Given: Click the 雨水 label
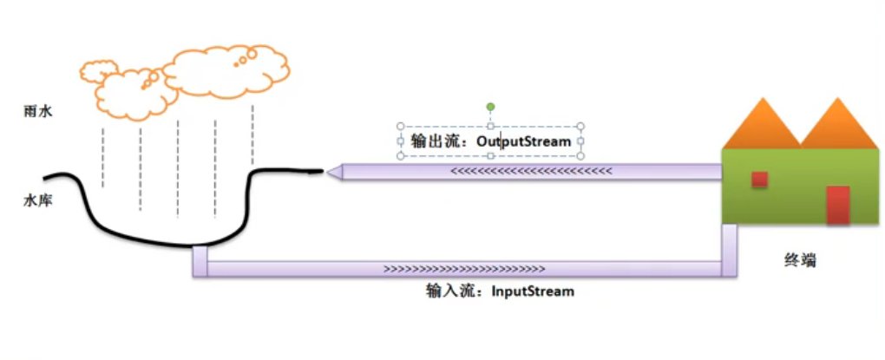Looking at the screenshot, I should pos(39,111).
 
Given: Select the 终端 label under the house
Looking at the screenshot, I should pos(800,260).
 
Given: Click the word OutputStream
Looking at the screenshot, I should pos(523,141).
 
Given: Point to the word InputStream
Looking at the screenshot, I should pos(533,291).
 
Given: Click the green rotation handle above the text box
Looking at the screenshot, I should pos(490,108).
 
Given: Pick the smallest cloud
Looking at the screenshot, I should pos(98,68).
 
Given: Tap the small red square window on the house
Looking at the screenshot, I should pos(759,179).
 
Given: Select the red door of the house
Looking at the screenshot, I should pos(837,205).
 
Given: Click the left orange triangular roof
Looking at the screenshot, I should pos(761,126).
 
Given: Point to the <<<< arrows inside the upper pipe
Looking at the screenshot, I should pos(531,172).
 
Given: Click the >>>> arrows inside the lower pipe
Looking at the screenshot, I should pos(463,269).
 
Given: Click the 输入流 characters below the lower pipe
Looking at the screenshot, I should pos(447,291).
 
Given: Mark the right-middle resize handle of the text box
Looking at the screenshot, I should pos(580,141).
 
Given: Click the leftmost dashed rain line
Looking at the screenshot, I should pos(103,156).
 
